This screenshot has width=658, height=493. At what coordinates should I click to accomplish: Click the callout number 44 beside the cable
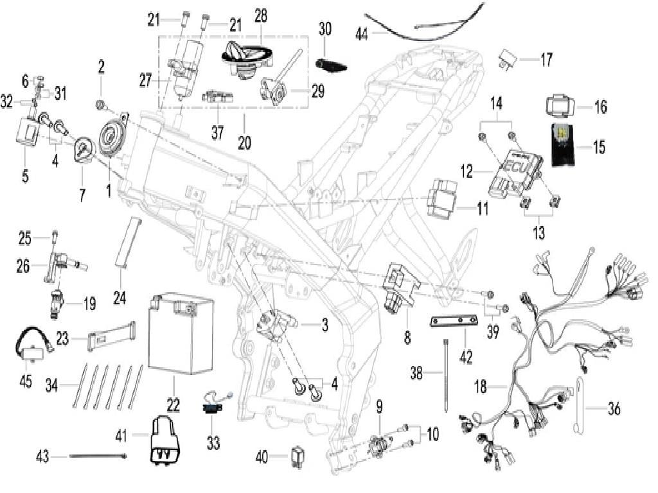pyautogui.click(x=362, y=34)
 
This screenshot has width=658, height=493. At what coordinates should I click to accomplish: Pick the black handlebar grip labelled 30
pyautogui.click(x=332, y=63)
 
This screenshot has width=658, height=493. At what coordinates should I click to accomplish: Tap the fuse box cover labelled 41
pyautogui.click(x=164, y=437)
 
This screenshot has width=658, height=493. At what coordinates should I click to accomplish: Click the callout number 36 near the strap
pyautogui.click(x=614, y=409)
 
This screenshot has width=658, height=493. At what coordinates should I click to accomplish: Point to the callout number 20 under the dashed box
pyautogui.click(x=244, y=143)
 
